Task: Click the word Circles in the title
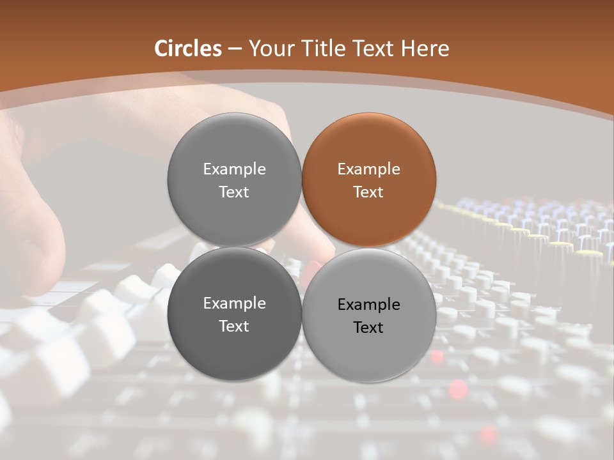point(188,49)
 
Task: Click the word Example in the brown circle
point(368,169)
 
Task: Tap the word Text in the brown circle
point(368,192)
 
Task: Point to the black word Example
point(368,305)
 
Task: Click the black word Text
point(368,327)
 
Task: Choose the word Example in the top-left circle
point(234,169)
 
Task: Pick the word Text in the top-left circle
point(234,192)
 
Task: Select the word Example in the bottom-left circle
point(234,303)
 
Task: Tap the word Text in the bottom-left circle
point(234,326)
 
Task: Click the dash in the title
point(235,49)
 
